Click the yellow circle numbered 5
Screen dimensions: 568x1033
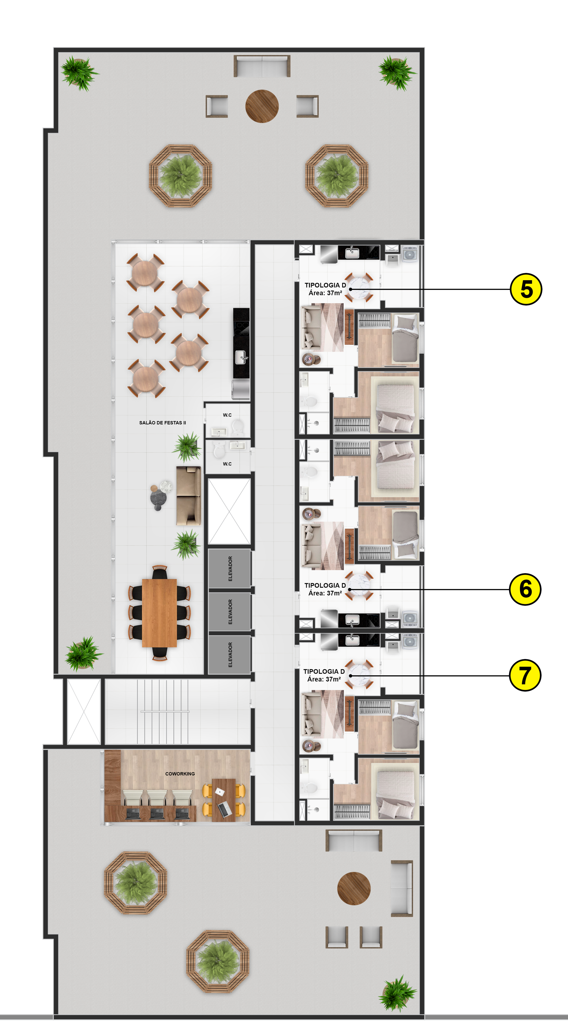tap(526, 289)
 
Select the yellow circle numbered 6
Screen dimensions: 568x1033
tap(525, 589)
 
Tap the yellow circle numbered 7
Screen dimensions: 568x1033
tap(525, 675)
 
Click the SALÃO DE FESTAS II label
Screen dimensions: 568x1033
tap(163, 423)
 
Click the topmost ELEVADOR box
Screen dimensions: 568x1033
tap(230, 569)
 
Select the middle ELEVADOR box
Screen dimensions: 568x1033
tap(230, 612)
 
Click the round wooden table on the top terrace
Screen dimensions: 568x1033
tap(262, 106)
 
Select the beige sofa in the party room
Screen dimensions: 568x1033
tap(188, 496)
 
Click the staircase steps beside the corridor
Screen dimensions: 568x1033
tap(164, 712)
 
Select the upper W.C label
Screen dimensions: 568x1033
tap(227, 415)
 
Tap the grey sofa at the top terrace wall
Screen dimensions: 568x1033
tap(262, 66)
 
